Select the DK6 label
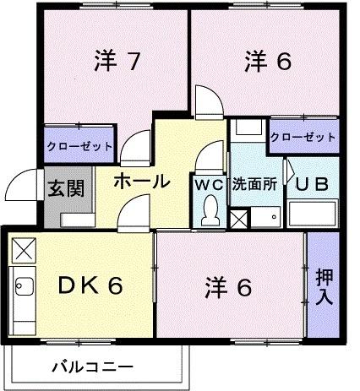coord(90,286)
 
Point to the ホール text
coord(139,181)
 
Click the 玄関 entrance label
coord(65,187)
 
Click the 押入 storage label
coord(324,286)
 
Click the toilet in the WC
coord(209,214)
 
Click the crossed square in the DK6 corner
coord(24,249)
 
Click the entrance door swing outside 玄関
coord(20,186)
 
